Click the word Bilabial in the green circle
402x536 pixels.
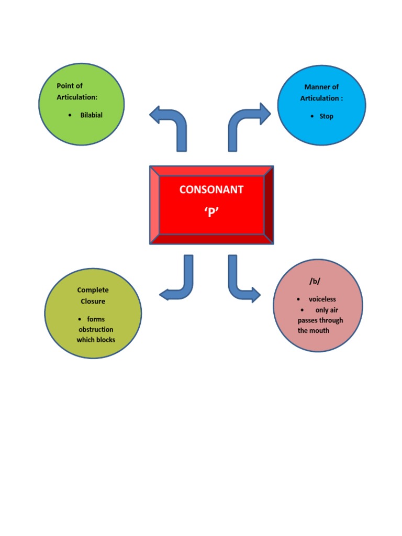click(x=91, y=115)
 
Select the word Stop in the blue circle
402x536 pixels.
click(x=326, y=116)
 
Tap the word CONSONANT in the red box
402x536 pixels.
click(x=211, y=189)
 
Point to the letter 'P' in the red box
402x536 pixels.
click(x=211, y=211)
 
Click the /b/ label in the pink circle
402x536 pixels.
click(x=315, y=282)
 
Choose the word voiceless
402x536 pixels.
click(x=322, y=299)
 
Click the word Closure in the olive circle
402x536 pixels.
click(x=93, y=301)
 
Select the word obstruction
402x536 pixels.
click(x=96, y=330)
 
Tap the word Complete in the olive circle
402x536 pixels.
click(x=93, y=290)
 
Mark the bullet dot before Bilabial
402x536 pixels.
click(x=70, y=115)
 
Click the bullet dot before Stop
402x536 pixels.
click(x=312, y=116)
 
